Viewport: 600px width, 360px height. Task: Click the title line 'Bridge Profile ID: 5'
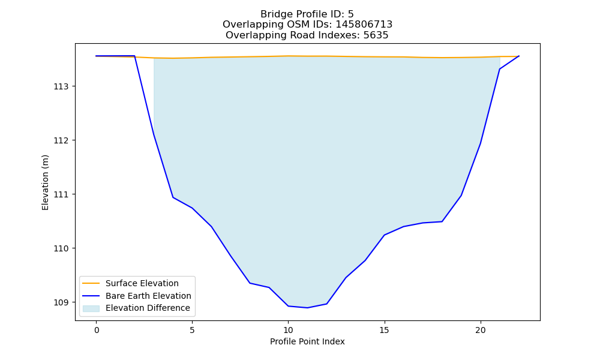[307, 14]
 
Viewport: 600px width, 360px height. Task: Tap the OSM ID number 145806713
[364, 25]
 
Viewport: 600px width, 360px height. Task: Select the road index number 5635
[376, 35]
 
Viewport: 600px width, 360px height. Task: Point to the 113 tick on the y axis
[61, 86]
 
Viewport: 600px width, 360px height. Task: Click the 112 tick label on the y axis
[61, 140]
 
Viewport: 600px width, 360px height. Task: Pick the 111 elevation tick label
[61, 194]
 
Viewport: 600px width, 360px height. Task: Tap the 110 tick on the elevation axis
[61, 248]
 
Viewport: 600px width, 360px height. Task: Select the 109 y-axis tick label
[61, 302]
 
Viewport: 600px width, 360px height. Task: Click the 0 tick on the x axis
[97, 330]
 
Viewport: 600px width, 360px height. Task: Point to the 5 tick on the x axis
[192, 330]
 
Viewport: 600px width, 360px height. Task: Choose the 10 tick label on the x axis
[288, 330]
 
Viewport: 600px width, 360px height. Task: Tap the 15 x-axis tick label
[384, 330]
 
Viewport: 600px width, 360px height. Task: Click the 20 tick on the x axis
[480, 330]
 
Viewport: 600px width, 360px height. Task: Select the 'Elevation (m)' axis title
[45, 182]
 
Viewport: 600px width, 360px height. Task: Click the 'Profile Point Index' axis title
[307, 341]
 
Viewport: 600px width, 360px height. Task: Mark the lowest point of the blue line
[307, 308]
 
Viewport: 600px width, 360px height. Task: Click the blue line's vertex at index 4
[173, 197]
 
